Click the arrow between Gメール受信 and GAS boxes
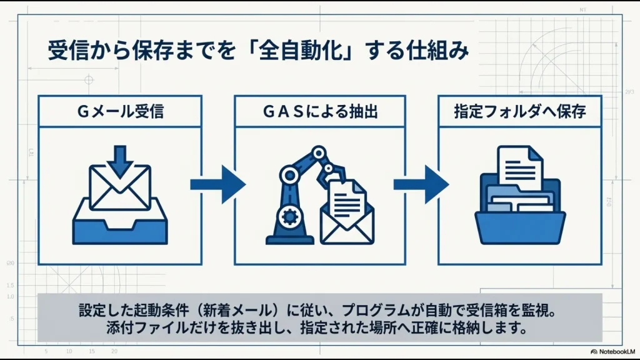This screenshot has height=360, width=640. (x=217, y=184)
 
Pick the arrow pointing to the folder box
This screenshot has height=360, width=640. (x=421, y=184)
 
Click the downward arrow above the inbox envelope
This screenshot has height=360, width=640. (x=120, y=162)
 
